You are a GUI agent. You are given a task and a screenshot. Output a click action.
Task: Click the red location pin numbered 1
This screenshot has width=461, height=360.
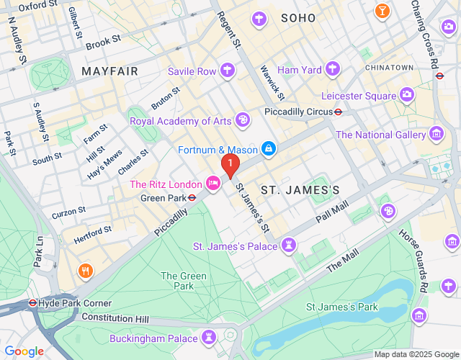pos(230,166)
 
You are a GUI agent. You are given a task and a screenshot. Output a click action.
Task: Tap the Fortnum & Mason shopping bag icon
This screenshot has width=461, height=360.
pos(268,149)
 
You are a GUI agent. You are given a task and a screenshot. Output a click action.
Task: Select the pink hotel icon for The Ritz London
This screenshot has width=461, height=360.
pos(213,184)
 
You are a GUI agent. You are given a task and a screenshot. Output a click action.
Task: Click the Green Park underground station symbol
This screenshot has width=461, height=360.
pos(192,197)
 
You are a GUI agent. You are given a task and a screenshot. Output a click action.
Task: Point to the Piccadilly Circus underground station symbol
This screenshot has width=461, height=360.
pos(337,112)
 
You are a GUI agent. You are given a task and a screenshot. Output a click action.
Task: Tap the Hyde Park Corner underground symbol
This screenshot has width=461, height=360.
pos(32,303)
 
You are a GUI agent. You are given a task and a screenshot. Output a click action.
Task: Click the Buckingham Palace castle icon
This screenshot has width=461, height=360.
pos(209,338)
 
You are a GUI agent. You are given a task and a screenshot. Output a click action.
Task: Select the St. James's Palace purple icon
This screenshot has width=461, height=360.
pos(289,246)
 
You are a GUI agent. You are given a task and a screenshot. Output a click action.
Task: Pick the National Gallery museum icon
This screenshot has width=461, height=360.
pos(436,134)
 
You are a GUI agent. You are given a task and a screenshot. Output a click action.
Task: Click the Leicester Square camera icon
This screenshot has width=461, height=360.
pos(407,95)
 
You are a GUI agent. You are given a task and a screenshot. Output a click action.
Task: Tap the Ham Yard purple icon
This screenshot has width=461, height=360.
pos(332,69)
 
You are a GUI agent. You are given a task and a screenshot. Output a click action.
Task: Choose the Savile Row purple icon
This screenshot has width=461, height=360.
pos(228,71)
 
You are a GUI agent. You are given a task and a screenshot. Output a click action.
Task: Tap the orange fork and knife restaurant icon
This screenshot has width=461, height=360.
pos(85,271)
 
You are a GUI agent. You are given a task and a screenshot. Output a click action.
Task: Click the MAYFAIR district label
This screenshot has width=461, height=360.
pos(109,71)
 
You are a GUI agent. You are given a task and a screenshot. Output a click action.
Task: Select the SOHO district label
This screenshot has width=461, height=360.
pos(298,17)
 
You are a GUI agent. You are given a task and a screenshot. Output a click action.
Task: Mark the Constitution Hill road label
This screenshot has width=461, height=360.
pos(115,318)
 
